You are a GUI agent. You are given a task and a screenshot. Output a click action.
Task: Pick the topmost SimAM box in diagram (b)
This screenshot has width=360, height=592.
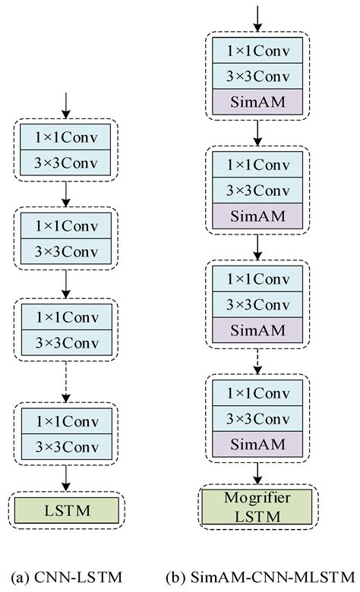[x=259, y=102]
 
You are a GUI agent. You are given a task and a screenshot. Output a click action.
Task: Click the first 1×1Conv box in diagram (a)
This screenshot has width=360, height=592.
[x=66, y=137]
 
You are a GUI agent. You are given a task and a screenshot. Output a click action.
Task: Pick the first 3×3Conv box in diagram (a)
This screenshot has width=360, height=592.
[x=66, y=162]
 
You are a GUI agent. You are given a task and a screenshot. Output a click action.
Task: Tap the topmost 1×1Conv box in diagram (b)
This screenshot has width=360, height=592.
[x=259, y=50]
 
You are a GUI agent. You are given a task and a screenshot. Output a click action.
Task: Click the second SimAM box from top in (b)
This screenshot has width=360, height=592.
[x=259, y=216]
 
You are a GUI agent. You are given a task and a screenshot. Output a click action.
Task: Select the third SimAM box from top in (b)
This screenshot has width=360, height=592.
[x=259, y=330]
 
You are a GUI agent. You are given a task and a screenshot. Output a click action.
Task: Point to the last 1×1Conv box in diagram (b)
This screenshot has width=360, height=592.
[x=259, y=392]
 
